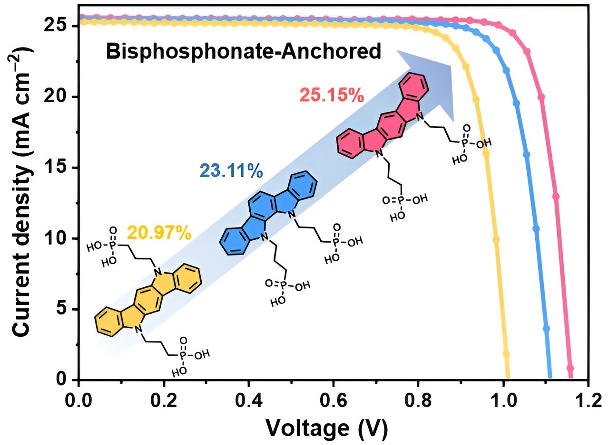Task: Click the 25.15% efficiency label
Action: point(332,95)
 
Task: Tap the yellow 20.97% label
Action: point(159,233)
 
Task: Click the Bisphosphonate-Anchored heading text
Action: point(244,51)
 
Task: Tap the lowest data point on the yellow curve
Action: point(506,354)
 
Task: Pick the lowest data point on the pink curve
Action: point(570,368)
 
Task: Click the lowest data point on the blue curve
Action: point(546,329)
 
